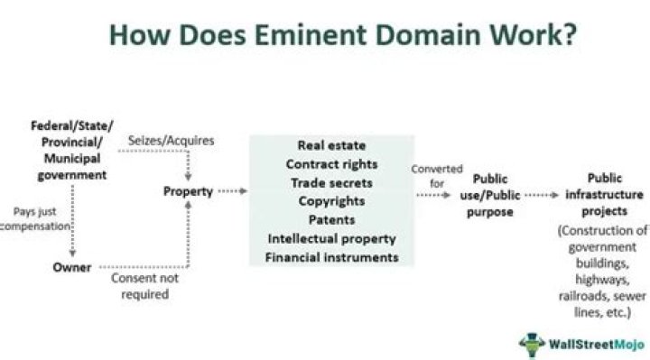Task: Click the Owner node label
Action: click(x=71, y=267)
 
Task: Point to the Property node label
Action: click(x=188, y=191)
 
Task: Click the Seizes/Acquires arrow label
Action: click(x=159, y=141)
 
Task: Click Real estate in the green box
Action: click(x=331, y=145)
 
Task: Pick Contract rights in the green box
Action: click(x=331, y=164)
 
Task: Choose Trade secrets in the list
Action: click(x=331, y=183)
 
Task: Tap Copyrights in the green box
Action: click(x=331, y=201)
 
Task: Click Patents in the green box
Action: click(x=331, y=220)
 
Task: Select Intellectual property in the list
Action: click(x=331, y=239)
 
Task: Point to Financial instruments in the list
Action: click(x=331, y=258)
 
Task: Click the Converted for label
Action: click(x=437, y=175)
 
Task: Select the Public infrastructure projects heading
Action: click(x=604, y=194)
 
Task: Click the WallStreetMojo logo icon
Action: click(x=532, y=344)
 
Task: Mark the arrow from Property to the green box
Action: click(x=232, y=191)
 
